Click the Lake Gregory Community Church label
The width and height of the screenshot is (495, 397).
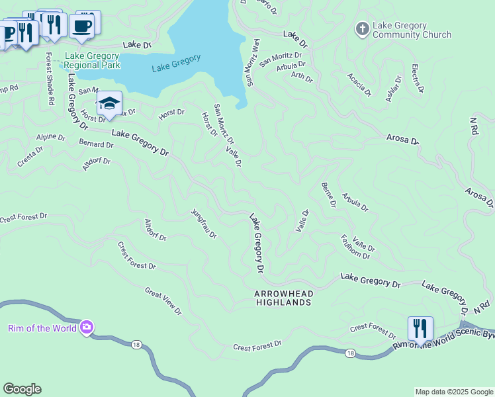tap(412, 30)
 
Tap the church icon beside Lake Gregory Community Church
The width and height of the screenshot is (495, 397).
tap(362, 29)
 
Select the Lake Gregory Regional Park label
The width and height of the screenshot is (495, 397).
tap(92, 61)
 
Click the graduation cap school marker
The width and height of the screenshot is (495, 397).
tap(109, 103)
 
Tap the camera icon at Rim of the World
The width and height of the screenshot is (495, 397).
tap(87, 328)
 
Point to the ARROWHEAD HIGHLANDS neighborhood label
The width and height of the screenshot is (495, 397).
tap(283, 298)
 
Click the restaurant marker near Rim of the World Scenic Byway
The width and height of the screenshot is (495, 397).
tap(420, 328)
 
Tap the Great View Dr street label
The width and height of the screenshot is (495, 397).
tap(163, 300)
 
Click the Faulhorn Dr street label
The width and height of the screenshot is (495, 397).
tap(355, 246)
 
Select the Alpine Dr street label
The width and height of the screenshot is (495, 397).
tap(51, 138)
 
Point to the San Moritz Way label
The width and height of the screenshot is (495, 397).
tap(253, 62)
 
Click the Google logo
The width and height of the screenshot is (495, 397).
tap(22, 389)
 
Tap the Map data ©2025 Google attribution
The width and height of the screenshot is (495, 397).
tap(453, 392)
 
